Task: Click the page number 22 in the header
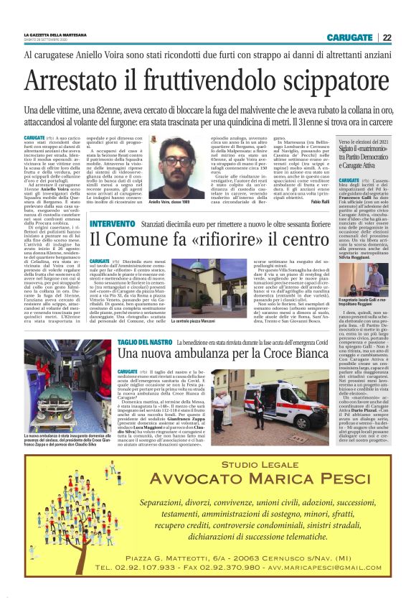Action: pyautogui.click(x=387, y=37)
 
